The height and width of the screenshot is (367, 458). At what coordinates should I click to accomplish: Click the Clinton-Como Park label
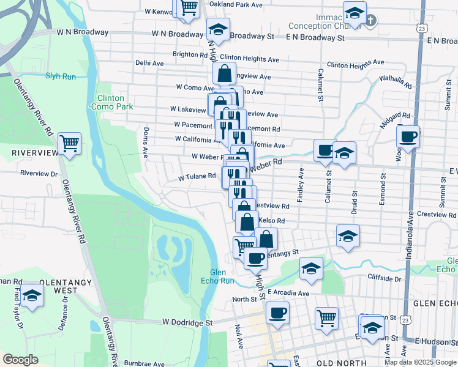[110, 102]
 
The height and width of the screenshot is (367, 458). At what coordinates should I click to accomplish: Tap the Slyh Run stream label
[60, 76]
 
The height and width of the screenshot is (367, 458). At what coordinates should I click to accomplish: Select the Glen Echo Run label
[217, 276]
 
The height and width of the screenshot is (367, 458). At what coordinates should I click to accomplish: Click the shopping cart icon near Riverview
[70, 143]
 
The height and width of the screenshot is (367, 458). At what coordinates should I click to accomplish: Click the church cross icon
[370, 20]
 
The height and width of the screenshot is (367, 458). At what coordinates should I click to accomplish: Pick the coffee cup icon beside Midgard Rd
[408, 136]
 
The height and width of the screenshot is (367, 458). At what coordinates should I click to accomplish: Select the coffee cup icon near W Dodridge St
[277, 313]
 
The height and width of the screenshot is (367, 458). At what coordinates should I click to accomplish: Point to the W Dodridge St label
[187, 322]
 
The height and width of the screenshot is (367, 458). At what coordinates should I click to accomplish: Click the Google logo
[20, 360]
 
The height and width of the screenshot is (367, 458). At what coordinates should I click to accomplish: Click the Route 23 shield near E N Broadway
[421, 28]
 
